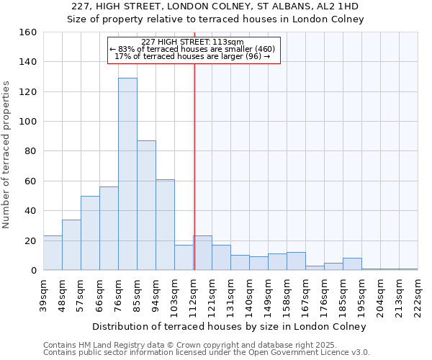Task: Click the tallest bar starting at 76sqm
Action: (127, 174)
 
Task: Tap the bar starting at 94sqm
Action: (165, 225)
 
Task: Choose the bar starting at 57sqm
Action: (90, 233)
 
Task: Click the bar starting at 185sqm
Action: (352, 264)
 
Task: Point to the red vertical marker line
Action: (194, 166)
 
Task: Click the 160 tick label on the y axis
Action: (28, 32)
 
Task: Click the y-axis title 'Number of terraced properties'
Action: (7, 155)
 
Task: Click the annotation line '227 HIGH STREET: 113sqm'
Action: (193, 42)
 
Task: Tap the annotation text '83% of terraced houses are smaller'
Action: (193, 49)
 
